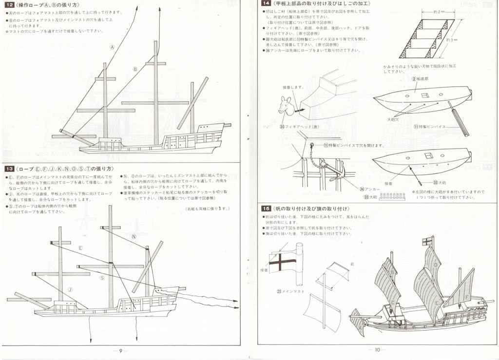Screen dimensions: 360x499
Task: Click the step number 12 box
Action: point(10,5)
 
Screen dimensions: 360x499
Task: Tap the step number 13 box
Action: point(10,168)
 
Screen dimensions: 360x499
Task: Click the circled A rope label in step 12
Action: point(113,47)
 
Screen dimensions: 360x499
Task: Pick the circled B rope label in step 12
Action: point(135,69)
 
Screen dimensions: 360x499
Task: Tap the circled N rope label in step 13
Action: point(134,236)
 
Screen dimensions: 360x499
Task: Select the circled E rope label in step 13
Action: point(80,248)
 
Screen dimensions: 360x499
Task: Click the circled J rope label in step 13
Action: point(70,289)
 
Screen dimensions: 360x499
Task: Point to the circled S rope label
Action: point(102,278)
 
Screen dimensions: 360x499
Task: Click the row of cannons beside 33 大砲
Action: point(392,197)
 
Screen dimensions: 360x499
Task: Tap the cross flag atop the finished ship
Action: point(427,240)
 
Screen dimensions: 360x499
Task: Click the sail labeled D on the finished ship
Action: point(434,263)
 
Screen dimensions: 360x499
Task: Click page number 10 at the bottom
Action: point(377,349)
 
